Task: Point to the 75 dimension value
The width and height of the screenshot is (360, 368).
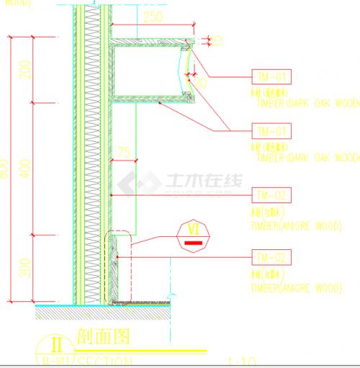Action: [125, 152]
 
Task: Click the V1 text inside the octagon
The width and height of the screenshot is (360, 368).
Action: [192, 230]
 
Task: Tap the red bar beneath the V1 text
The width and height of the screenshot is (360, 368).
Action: [192, 243]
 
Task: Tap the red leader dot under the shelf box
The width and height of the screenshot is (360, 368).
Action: [159, 104]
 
